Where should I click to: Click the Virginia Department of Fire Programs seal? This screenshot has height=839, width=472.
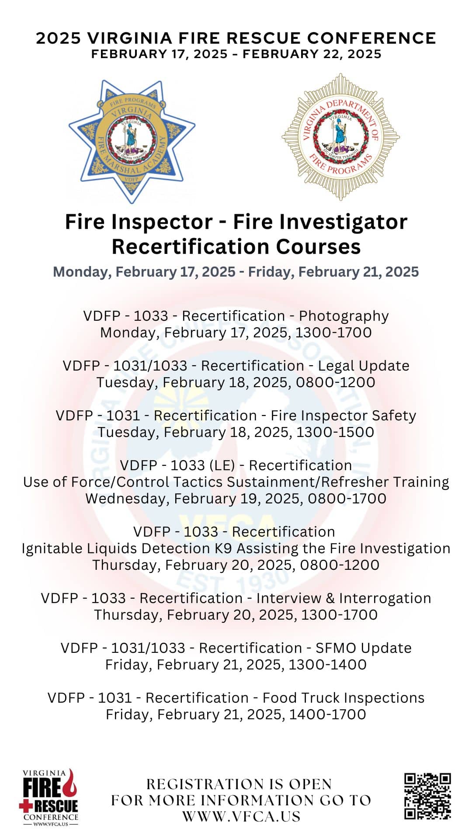tap(340, 137)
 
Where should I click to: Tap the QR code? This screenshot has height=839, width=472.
tap(427, 796)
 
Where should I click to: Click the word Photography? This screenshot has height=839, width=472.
tap(344, 316)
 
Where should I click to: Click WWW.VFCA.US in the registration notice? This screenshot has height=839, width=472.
tap(241, 816)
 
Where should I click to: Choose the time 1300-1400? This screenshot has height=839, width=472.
tap(328, 665)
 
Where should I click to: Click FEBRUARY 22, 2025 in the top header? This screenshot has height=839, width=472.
tap(312, 54)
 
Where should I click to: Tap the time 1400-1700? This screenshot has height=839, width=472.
tap(328, 714)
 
